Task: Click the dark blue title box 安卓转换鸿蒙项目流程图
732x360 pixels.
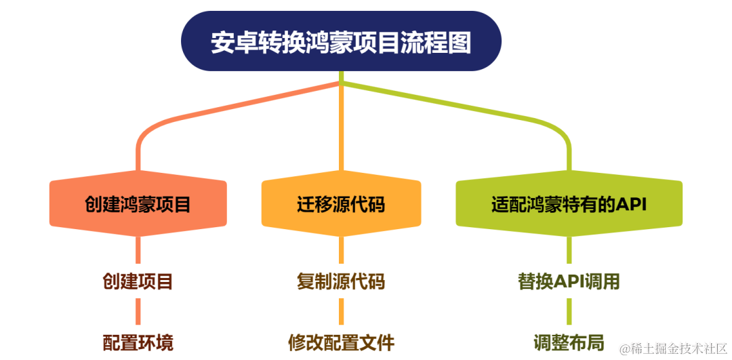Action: (341, 41)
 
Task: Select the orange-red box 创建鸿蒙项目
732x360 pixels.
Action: (138, 203)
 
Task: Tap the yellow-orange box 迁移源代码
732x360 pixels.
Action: (341, 203)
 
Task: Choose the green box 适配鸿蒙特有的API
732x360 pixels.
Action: (569, 203)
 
